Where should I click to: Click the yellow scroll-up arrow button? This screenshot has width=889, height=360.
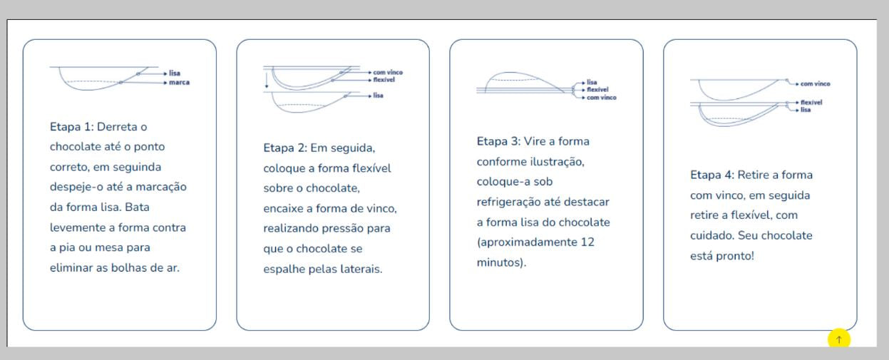[x=838, y=339]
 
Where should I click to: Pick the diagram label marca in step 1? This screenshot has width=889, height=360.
[x=179, y=82]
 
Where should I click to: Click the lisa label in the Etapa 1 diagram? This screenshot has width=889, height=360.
[x=175, y=73]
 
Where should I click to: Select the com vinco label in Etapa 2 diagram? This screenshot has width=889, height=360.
[x=388, y=72]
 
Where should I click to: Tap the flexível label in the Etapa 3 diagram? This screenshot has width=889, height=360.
[x=597, y=91]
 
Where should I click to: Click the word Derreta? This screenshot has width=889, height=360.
[x=117, y=127]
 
